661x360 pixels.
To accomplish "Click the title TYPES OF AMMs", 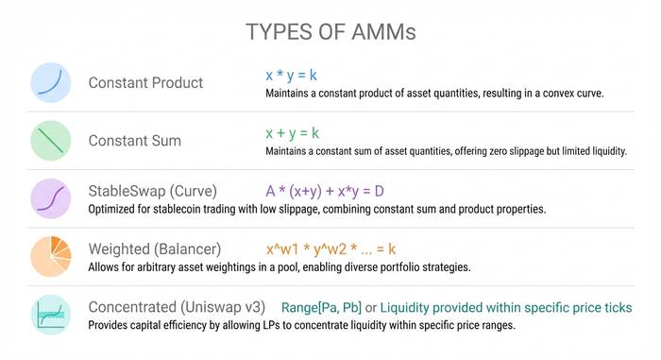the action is (330, 31).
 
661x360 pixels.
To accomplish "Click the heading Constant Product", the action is (145, 83).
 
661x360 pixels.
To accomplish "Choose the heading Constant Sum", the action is (134, 141).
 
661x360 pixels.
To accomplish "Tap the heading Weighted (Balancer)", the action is (155, 249).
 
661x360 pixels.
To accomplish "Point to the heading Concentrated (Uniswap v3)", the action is (177, 308).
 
